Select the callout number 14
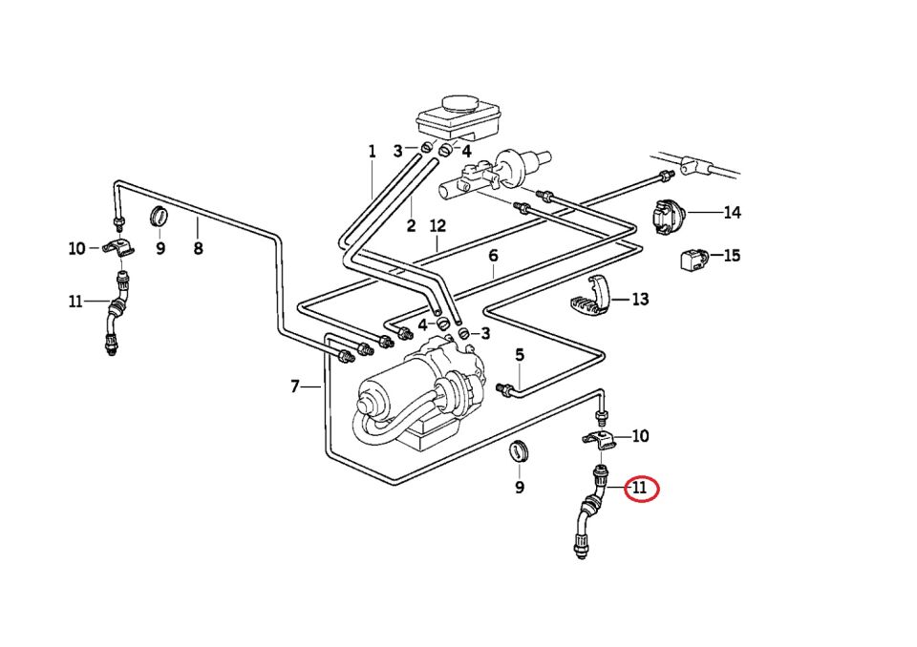click(732, 213)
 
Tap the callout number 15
click(732, 256)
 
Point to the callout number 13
click(639, 299)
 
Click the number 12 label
click(437, 226)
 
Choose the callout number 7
click(493, 256)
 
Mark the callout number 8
click(295, 386)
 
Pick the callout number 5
click(198, 248)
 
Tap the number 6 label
click(520, 355)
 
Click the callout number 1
click(373, 151)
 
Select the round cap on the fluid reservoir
click(459, 103)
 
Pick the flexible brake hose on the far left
click(117, 314)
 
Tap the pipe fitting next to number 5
click(503, 386)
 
